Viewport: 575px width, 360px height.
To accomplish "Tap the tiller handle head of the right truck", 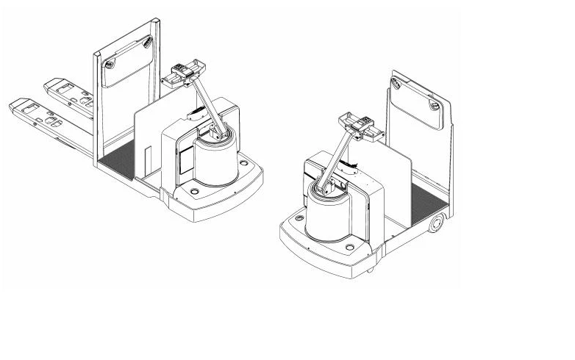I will [357, 125].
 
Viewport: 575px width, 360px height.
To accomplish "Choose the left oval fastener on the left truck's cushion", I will [109, 65].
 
